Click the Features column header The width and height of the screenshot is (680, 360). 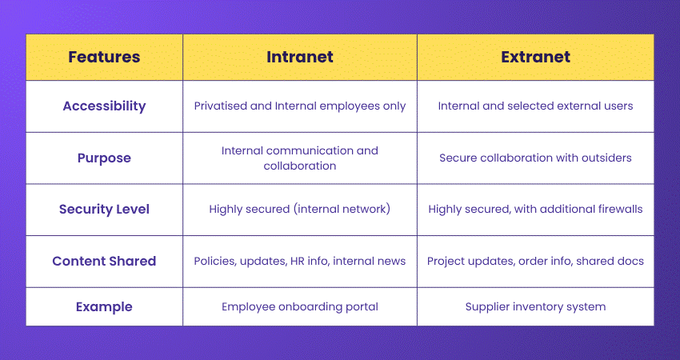coord(104,57)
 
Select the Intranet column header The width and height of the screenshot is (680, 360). coord(299,57)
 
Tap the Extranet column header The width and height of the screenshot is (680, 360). coord(535,57)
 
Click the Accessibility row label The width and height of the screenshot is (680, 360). coord(104,106)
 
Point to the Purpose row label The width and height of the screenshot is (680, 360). coord(104,158)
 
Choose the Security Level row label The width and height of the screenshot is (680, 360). coord(104,210)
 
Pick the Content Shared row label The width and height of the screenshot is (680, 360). coord(104,261)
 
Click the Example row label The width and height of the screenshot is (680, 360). coord(104,306)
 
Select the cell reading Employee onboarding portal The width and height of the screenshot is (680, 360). coord(299,306)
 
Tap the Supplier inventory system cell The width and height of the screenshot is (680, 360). coord(535,306)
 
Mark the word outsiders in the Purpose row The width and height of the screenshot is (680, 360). coord(605,158)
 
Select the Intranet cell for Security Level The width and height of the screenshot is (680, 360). coord(299,210)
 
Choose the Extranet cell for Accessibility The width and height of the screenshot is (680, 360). coord(535,106)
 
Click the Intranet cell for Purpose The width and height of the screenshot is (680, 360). coord(299,158)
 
